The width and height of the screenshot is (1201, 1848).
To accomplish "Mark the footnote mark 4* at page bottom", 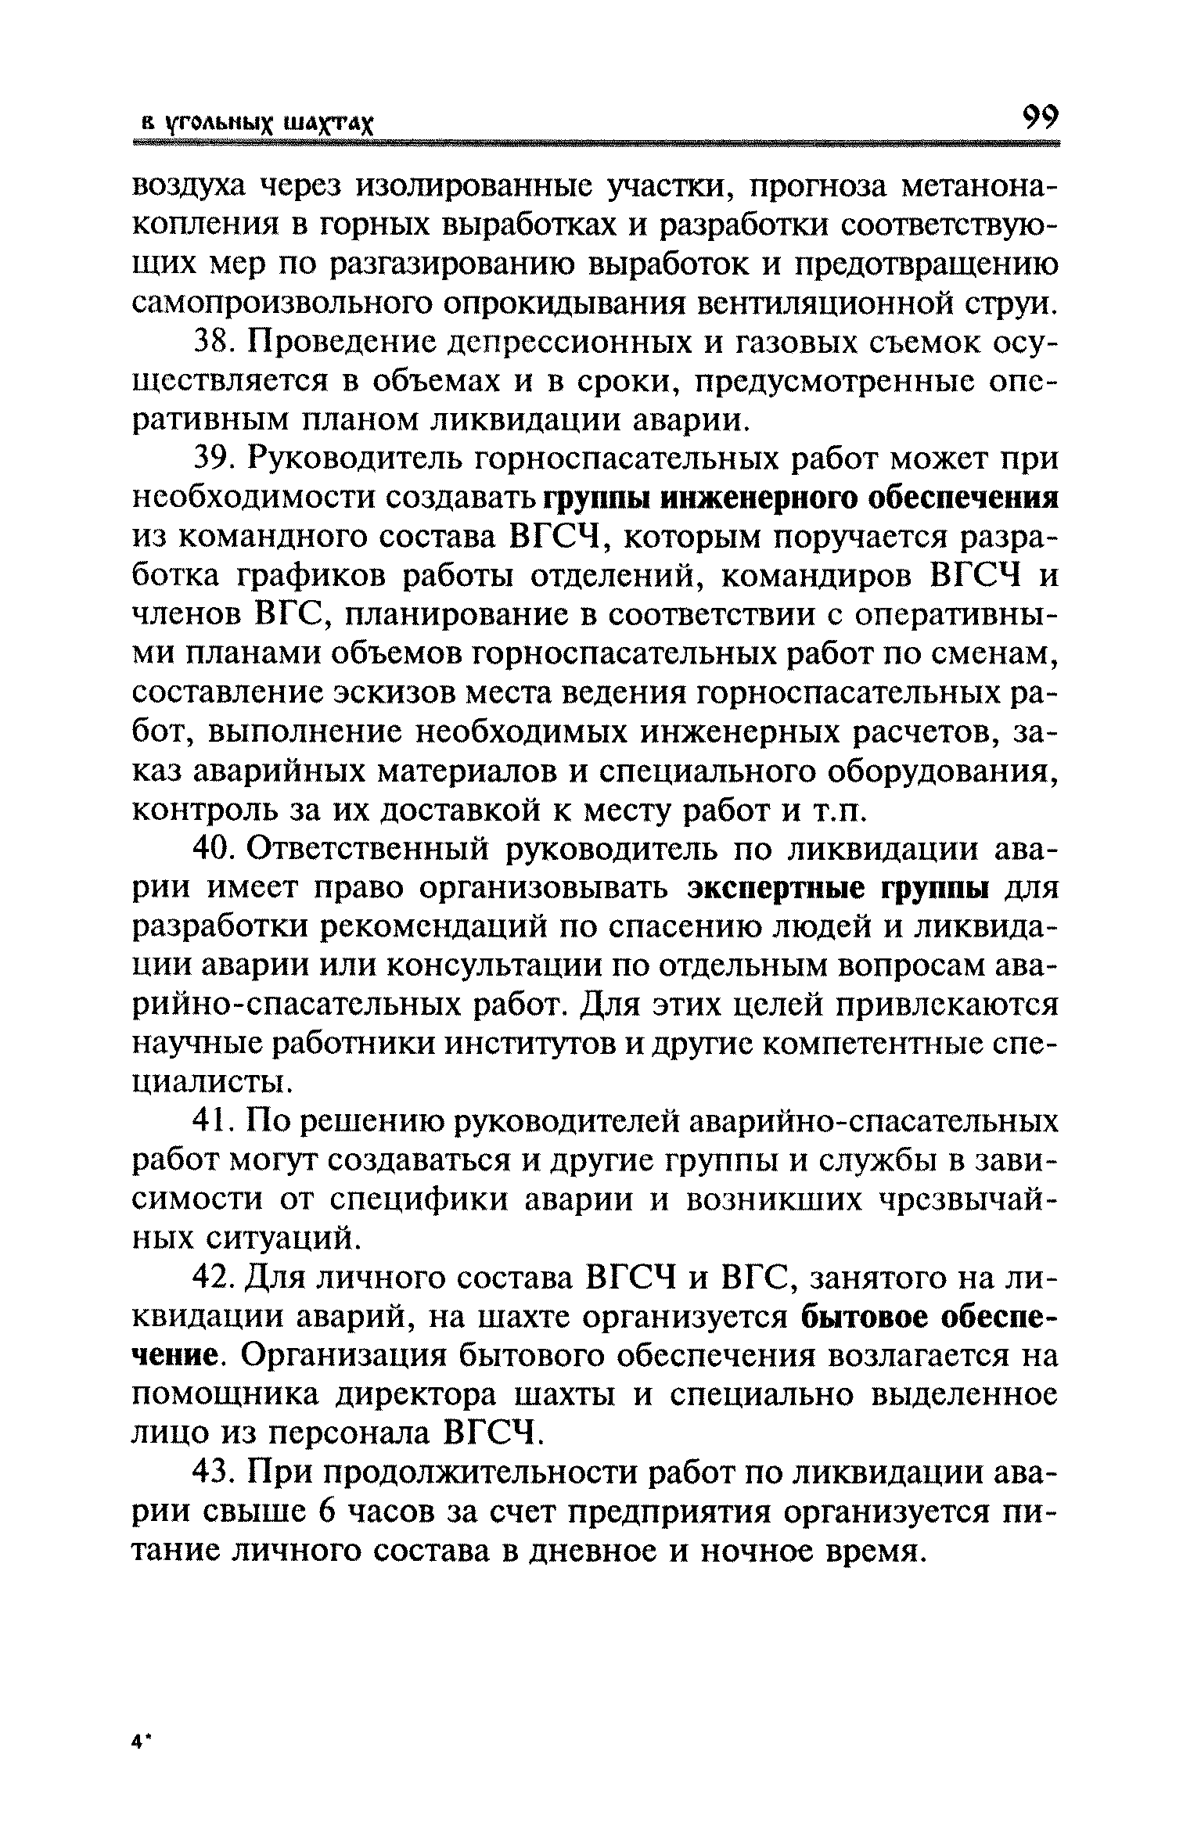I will coord(140,1742).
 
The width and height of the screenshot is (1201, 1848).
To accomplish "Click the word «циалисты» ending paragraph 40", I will coord(209,1084).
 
